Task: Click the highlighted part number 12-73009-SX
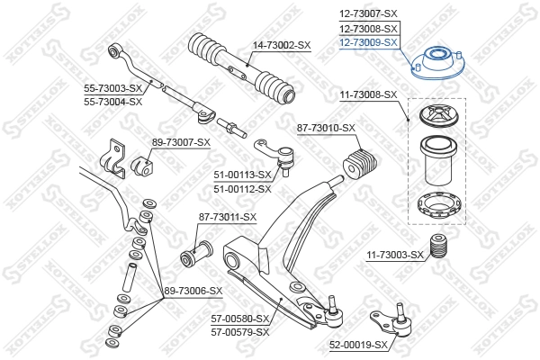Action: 367,41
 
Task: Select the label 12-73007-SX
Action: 367,14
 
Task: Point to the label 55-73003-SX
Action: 113,88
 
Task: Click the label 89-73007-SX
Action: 181,142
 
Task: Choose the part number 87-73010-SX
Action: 327,129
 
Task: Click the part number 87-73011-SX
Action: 227,217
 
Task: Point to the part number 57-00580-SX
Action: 240,319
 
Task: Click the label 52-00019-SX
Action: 358,345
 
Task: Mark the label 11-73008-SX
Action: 367,94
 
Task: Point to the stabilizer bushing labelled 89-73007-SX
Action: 142,166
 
